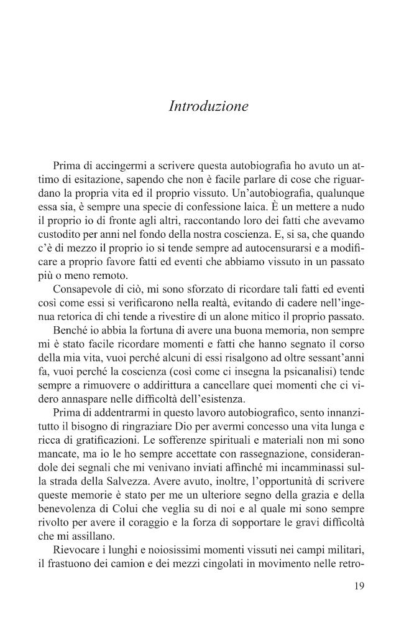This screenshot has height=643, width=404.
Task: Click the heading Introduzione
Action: (208, 106)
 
